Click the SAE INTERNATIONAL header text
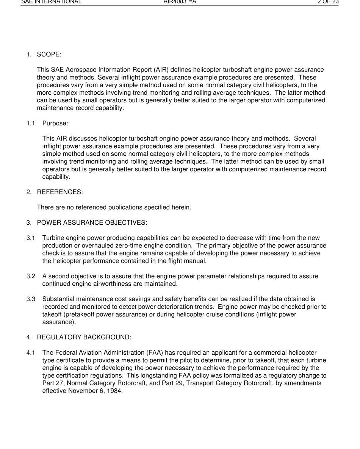(x=51, y=2)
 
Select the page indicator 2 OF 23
(x=328, y=2)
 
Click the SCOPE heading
(x=49, y=55)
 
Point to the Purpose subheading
(x=55, y=123)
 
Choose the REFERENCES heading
(x=60, y=192)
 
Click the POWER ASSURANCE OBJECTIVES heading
(x=92, y=223)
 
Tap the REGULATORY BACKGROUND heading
(x=84, y=337)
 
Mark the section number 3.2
(x=31, y=276)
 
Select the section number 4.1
(x=31, y=353)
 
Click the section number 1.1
(x=31, y=123)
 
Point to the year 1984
(x=115, y=391)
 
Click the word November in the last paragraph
(x=82, y=391)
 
